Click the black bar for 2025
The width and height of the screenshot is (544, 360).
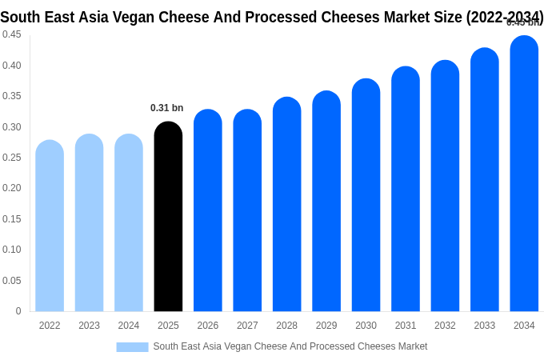pos(168,217)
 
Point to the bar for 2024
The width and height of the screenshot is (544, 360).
pos(129,223)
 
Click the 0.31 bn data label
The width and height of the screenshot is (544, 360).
pos(166,108)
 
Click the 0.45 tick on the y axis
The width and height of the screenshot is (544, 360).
pos(12,34)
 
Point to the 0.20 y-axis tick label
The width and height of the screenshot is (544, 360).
pos(12,188)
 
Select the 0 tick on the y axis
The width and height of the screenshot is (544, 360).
pos(18,311)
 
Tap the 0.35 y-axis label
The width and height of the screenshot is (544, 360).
pos(12,96)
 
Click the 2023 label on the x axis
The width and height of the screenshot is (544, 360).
pos(89,326)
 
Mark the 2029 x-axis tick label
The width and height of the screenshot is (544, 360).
pos(326,326)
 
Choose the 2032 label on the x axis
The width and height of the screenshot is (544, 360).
pos(445,326)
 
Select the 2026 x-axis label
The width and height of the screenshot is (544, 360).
pos(208,326)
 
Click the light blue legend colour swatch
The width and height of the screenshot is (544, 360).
pos(132,347)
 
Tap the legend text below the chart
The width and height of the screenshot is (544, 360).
pos(290,346)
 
